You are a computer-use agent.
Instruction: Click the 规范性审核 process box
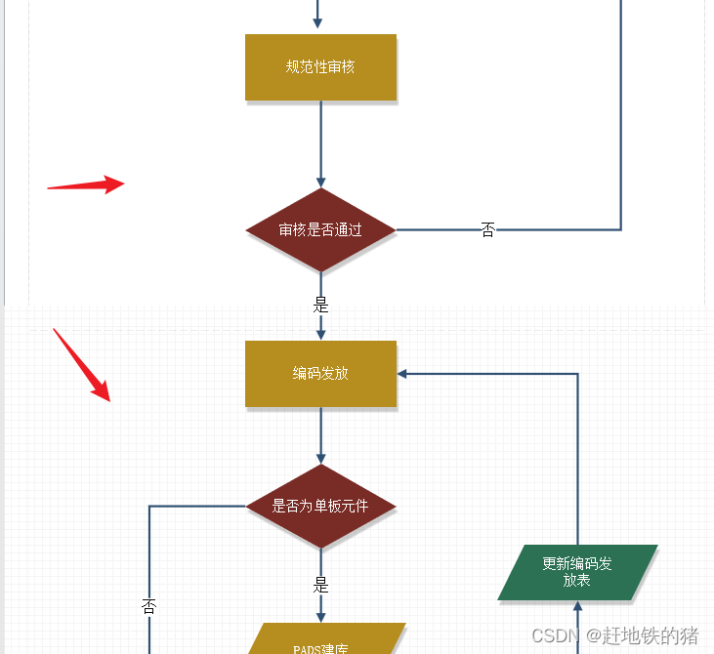[320, 67]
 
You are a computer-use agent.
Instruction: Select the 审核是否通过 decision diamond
[320, 230]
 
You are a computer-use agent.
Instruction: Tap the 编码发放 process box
[320, 373]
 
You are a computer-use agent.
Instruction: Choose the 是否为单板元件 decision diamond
[320, 507]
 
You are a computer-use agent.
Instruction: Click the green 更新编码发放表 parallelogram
[577, 572]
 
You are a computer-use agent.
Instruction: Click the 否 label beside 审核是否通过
[488, 230]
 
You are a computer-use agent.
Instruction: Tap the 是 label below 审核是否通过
[320, 305]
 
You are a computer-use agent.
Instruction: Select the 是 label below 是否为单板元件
[320, 586]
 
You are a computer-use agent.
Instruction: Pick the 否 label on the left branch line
[149, 605]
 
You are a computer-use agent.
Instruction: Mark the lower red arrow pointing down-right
[82, 364]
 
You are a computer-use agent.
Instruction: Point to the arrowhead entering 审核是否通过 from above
[320, 183]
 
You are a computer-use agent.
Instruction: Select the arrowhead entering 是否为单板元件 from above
[320, 459]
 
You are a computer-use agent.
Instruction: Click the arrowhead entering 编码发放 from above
[320, 335]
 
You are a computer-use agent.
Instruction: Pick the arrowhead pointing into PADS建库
[320, 616]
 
